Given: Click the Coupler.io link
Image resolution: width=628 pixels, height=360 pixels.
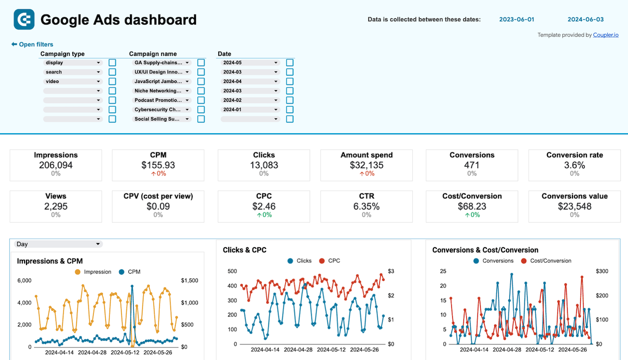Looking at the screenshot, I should click(605, 35).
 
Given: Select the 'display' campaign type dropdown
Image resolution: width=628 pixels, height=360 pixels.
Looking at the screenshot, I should click(72, 63).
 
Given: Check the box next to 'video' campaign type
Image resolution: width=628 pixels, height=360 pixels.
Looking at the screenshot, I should click(112, 82).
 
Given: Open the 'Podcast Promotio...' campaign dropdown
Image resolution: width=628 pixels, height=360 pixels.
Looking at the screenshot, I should click(162, 100).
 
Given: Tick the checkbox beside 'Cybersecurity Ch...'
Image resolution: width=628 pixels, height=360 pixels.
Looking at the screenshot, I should click(201, 110).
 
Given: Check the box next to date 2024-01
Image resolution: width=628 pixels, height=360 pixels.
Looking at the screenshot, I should click(290, 110).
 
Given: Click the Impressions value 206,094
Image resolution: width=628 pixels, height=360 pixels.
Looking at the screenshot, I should click(56, 165).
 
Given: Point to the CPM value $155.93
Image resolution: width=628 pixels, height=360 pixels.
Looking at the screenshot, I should click(158, 165).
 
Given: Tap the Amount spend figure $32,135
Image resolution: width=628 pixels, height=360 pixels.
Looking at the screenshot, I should click(366, 165).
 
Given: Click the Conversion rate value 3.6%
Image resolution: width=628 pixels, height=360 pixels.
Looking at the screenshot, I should click(574, 165).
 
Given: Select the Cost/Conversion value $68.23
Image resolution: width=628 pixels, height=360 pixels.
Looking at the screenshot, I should click(472, 206).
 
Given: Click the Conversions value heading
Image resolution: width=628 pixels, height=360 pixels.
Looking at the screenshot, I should click(574, 196).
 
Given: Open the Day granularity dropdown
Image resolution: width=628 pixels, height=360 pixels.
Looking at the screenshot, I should click(58, 244).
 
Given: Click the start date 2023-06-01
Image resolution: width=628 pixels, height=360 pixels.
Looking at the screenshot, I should click(516, 20).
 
